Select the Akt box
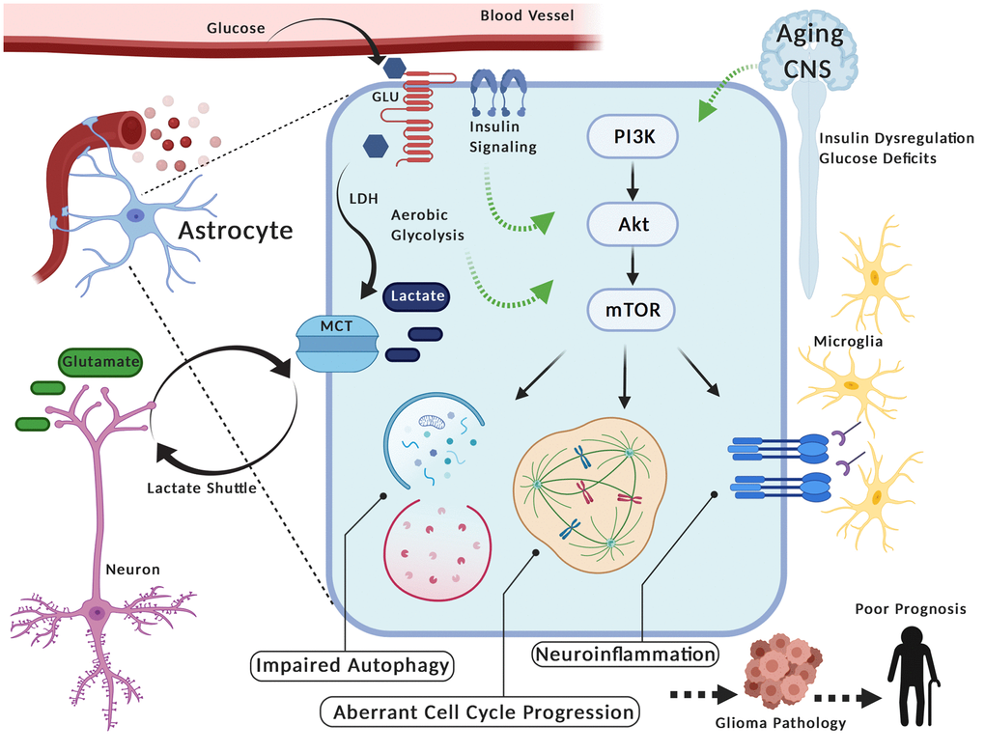pos(633,225)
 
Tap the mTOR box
pos(633,311)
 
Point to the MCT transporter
pos(336,343)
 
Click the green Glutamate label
pos(99,362)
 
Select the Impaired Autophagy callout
pos(353,665)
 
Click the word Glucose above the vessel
pos(236,28)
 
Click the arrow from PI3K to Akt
pos(632,182)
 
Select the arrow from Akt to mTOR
pos(632,267)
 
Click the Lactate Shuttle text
pos(201,488)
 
